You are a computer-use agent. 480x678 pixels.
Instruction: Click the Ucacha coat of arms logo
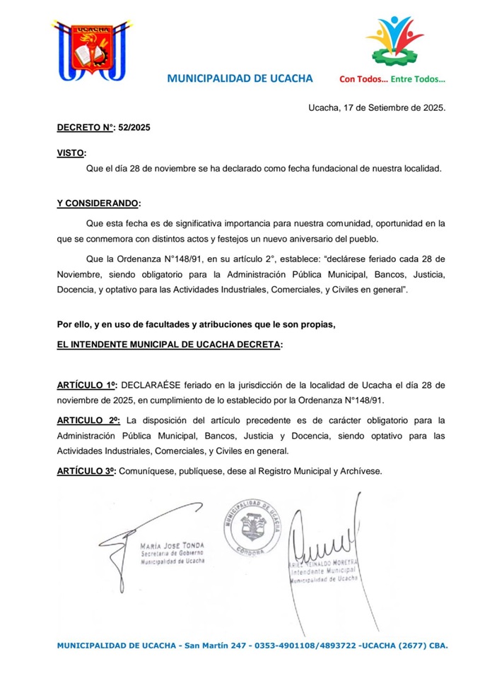tap(91, 49)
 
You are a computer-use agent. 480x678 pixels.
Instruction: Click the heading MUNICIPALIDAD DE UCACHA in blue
tap(240, 78)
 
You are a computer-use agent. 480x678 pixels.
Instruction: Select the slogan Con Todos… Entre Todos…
tap(392, 79)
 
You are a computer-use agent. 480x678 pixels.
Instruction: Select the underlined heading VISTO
tap(71, 153)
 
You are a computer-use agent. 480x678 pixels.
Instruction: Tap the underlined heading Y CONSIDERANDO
tap(98, 203)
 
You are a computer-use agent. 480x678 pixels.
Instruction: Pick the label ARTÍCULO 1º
tap(88, 386)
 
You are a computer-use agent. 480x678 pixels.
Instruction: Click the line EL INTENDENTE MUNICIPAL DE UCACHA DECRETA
tap(169, 345)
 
